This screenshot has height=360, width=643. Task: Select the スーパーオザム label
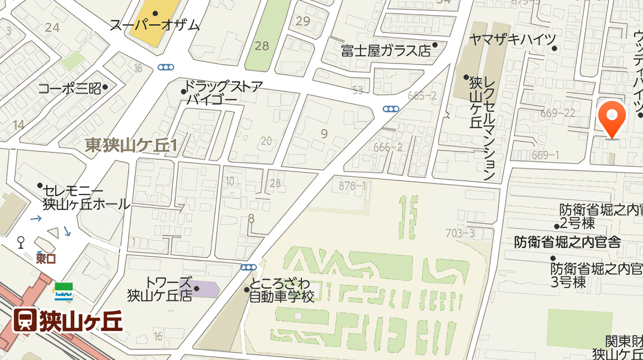[154, 25]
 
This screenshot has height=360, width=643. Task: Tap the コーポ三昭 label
[69, 88]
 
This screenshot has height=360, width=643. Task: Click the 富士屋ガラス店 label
[386, 51]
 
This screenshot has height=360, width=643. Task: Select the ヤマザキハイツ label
[513, 39]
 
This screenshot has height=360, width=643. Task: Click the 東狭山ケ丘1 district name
[131, 146]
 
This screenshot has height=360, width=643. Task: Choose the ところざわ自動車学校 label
[281, 290]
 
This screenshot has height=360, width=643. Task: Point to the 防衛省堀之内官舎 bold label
[567, 242]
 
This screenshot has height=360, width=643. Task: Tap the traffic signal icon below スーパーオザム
[165, 67]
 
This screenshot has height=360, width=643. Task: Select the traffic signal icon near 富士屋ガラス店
[391, 109]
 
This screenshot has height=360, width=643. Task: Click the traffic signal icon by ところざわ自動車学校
[249, 267]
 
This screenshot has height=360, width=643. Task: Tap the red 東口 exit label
[46, 259]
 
